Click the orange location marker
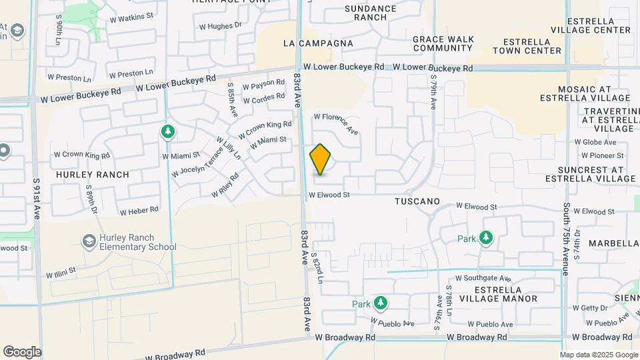tap(320, 160)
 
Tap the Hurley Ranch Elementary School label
tap(138, 242)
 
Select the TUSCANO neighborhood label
tap(417, 201)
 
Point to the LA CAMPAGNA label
tap(318, 43)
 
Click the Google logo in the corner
tap(22, 351)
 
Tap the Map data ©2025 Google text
tap(598, 355)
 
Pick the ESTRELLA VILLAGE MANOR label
tap(507, 294)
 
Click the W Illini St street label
tap(61, 272)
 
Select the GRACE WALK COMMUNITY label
tap(443, 43)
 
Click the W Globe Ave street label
tap(595, 142)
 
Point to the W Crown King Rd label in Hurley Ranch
tap(82, 155)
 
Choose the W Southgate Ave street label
tap(483, 278)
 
